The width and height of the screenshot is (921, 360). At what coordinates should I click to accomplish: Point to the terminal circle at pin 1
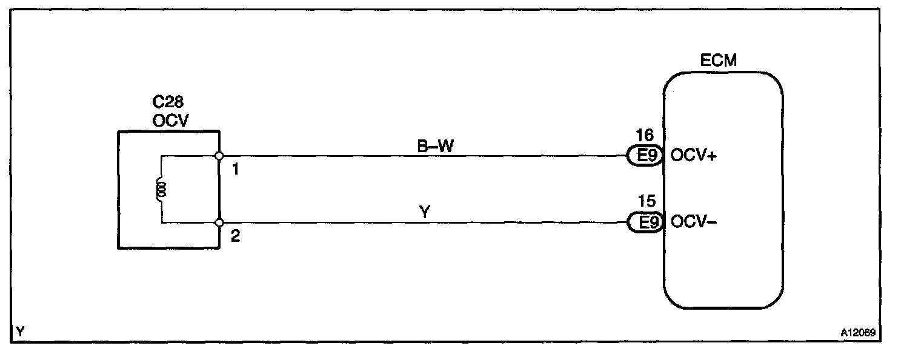[219, 156]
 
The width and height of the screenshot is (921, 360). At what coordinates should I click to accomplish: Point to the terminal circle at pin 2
[219, 223]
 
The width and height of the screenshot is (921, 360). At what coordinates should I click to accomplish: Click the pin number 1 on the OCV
[236, 170]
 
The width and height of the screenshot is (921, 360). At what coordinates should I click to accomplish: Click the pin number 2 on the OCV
[236, 236]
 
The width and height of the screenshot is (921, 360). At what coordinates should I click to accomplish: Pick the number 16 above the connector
[644, 135]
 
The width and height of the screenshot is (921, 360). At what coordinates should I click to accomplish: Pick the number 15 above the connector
[644, 201]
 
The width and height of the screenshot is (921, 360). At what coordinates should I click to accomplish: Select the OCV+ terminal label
[693, 156]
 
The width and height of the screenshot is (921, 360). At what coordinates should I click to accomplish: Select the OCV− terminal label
[693, 222]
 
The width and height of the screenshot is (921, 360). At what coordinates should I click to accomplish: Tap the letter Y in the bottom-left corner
[21, 332]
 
